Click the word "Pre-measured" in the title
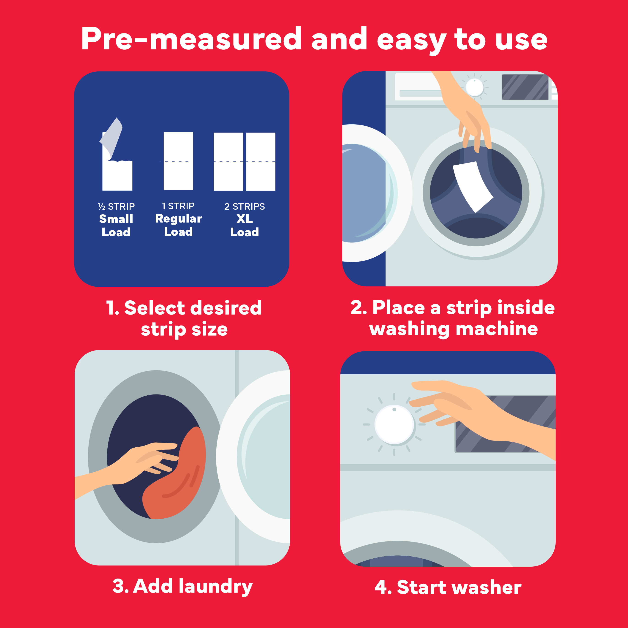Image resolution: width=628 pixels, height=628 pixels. coord(191,39)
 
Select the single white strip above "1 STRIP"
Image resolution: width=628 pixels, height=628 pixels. coord(178,161)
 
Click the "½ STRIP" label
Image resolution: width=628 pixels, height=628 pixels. coord(116,207)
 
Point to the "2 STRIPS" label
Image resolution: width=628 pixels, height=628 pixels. coord(245,207)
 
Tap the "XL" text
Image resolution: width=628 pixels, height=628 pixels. coord(245,219)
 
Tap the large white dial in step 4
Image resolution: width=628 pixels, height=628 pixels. coord(394,424)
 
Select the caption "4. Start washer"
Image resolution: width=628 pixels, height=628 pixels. coord(448,587)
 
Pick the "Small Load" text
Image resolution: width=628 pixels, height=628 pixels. coord(116,226)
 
